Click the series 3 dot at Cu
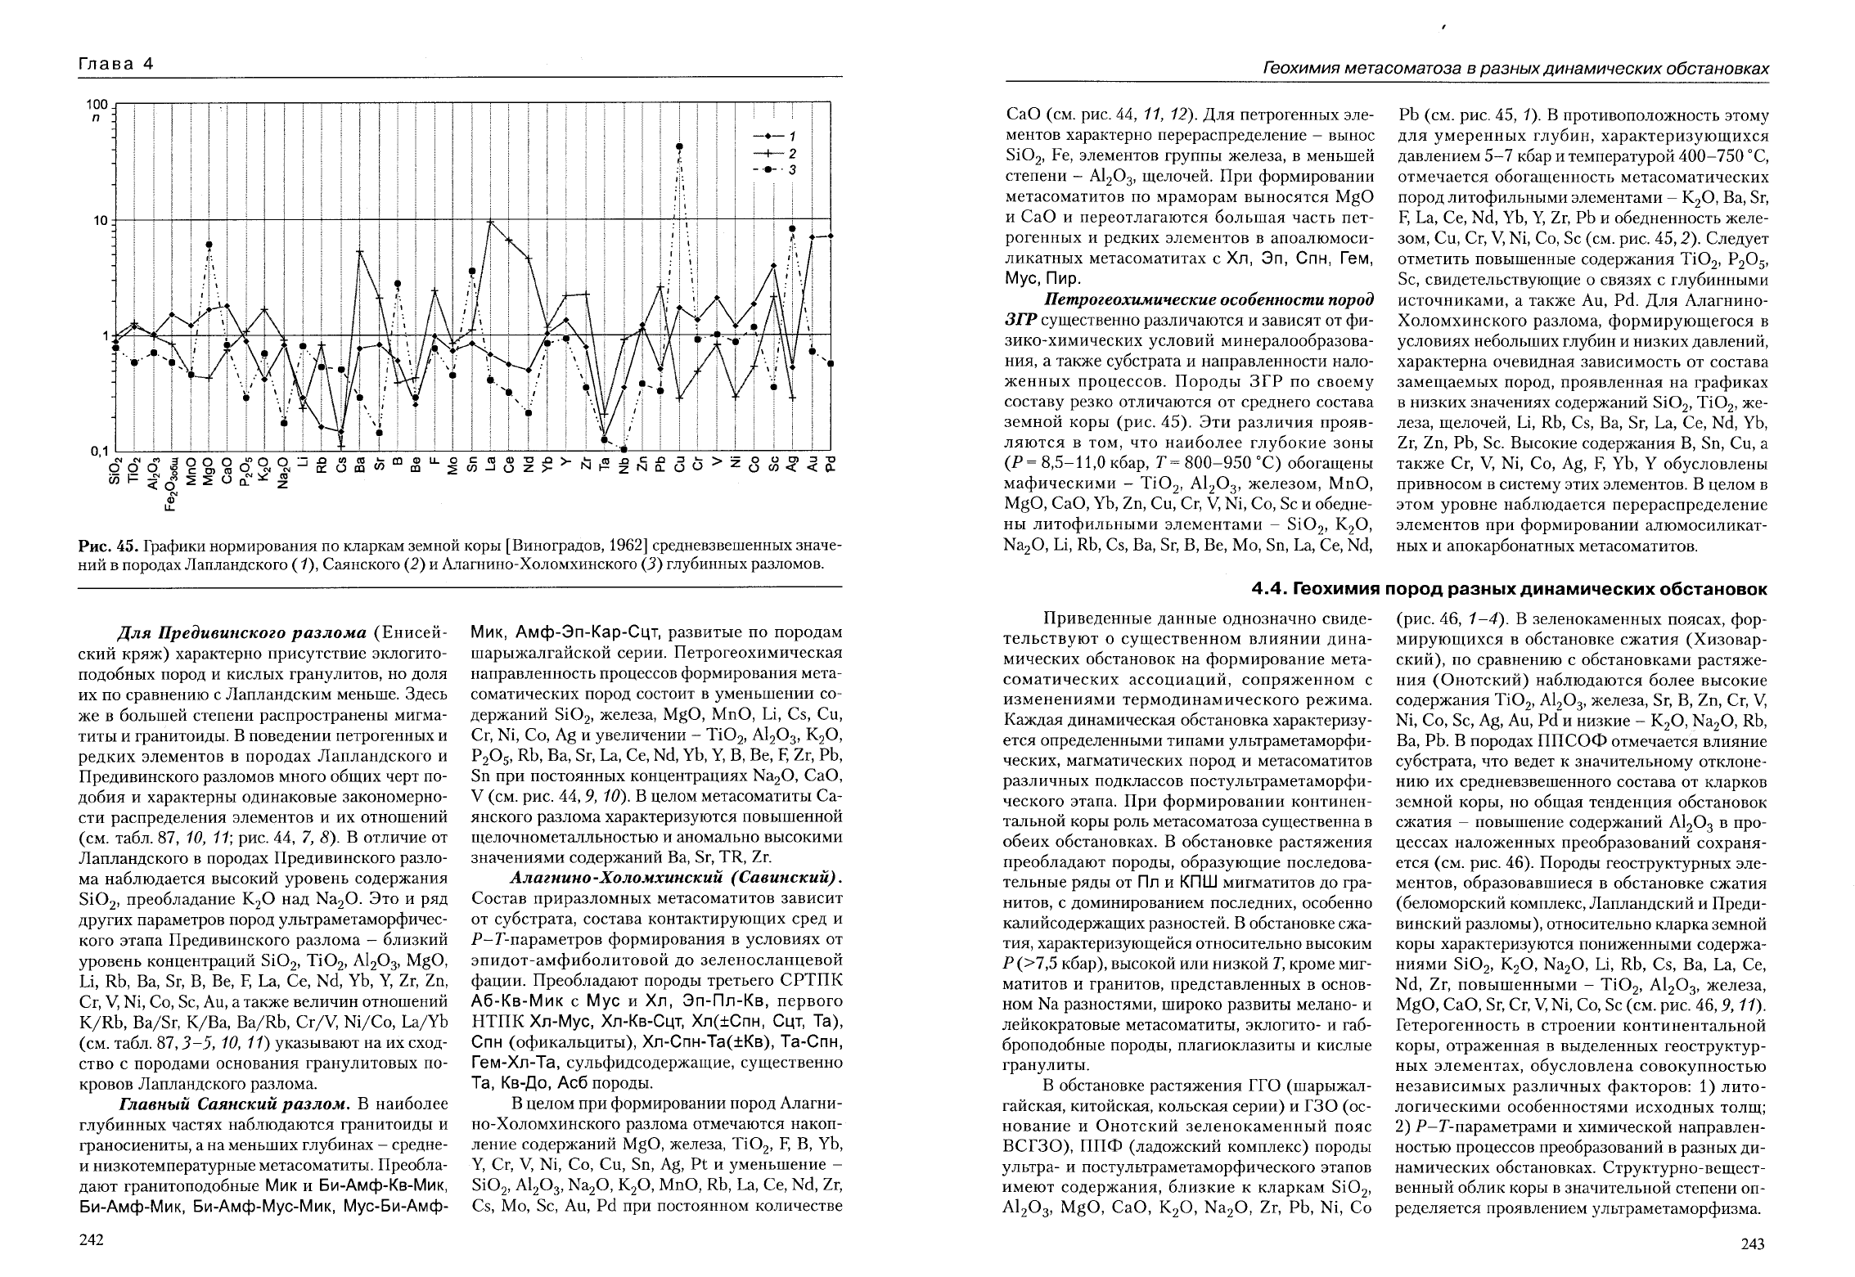[679, 147]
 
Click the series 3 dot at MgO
[209, 245]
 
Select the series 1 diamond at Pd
[831, 236]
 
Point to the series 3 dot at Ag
[792, 229]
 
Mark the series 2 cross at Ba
[360, 252]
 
